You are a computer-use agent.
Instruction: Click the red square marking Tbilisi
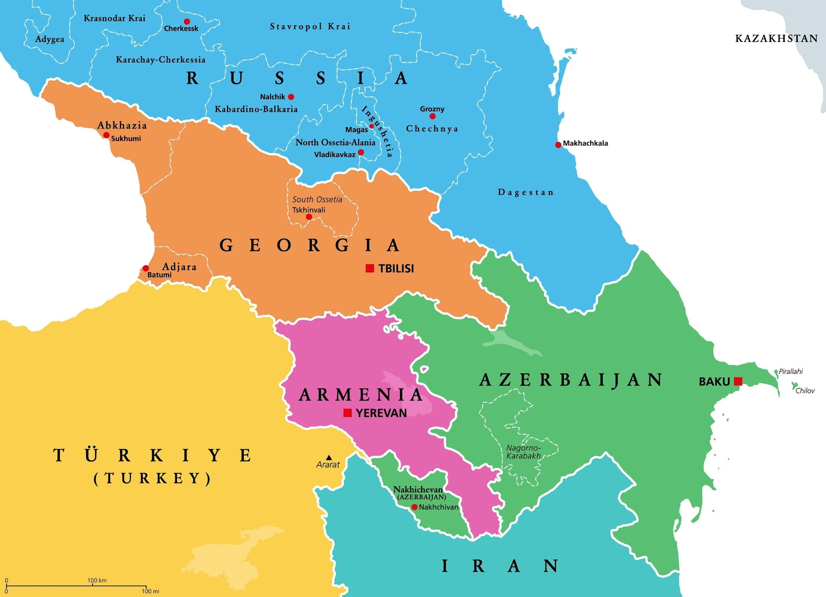(x=370, y=268)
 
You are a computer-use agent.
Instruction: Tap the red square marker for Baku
(x=738, y=381)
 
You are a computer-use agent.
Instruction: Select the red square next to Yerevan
(x=348, y=413)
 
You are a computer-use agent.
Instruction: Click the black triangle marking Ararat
(x=329, y=457)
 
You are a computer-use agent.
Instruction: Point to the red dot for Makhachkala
(x=558, y=145)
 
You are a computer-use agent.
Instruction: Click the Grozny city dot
(x=432, y=116)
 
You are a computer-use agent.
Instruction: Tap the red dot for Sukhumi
(x=106, y=135)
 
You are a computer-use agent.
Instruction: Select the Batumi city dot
(x=146, y=268)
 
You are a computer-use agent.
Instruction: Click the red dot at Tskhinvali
(x=309, y=217)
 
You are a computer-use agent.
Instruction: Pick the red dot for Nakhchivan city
(x=414, y=507)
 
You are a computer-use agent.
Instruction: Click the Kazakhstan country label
(x=777, y=38)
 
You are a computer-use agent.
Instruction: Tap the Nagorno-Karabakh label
(x=523, y=452)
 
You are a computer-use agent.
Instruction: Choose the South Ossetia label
(x=317, y=199)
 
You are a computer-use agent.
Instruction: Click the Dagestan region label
(x=526, y=192)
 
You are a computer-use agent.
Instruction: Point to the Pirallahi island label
(x=791, y=371)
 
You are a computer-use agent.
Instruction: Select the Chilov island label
(x=805, y=391)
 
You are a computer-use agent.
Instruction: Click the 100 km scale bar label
(x=97, y=580)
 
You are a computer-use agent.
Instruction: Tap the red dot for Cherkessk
(x=187, y=22)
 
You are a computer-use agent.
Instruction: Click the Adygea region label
(x=50, y=39)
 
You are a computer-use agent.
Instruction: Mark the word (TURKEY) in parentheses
(x=153, y=478)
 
